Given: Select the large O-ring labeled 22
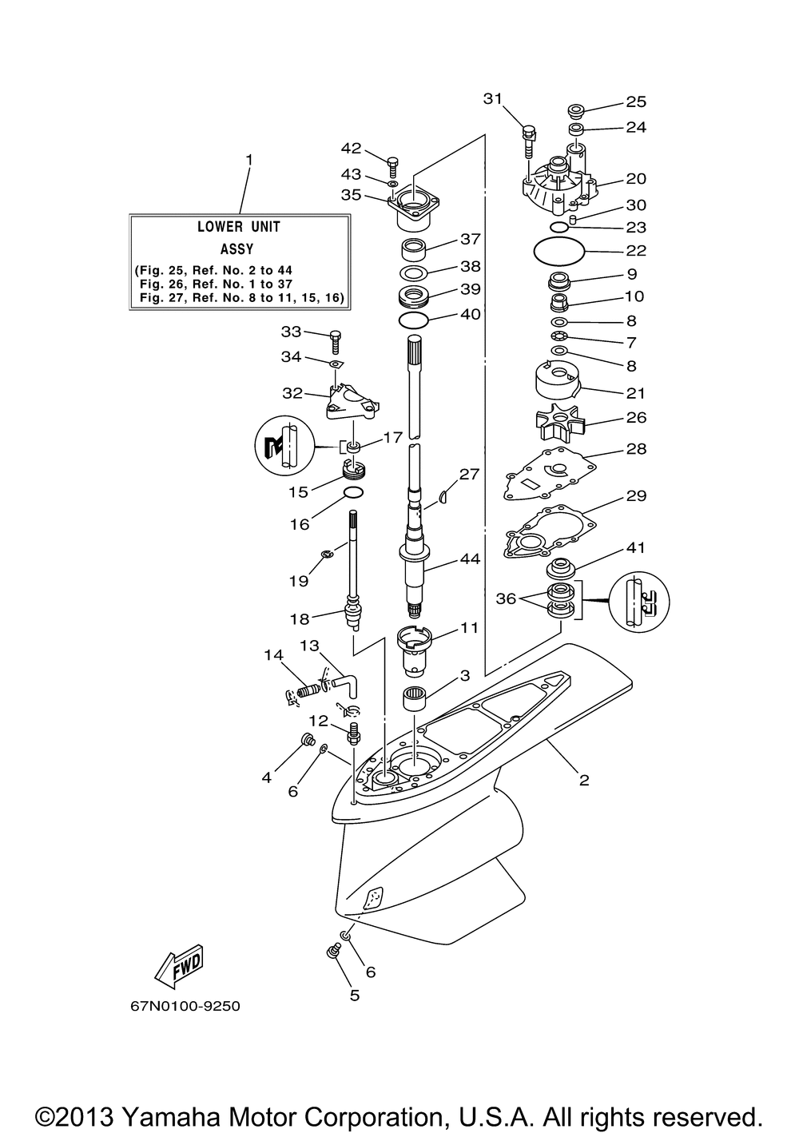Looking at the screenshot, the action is click(x=559, y=250).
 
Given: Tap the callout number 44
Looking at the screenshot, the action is click(x=470, y=559).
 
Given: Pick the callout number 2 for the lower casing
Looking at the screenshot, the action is click(x=584, y=780).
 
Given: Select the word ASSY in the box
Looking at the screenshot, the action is click(x=237, y=248).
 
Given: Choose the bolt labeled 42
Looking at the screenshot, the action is click(x=392, y=166).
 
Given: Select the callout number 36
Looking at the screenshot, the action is click(x=506, y=598).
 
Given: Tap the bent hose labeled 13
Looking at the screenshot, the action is click(x=348, y=685).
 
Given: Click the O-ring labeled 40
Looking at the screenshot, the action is click(x=414, y=320).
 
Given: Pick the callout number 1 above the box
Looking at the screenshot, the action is click(x=248, y=160).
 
